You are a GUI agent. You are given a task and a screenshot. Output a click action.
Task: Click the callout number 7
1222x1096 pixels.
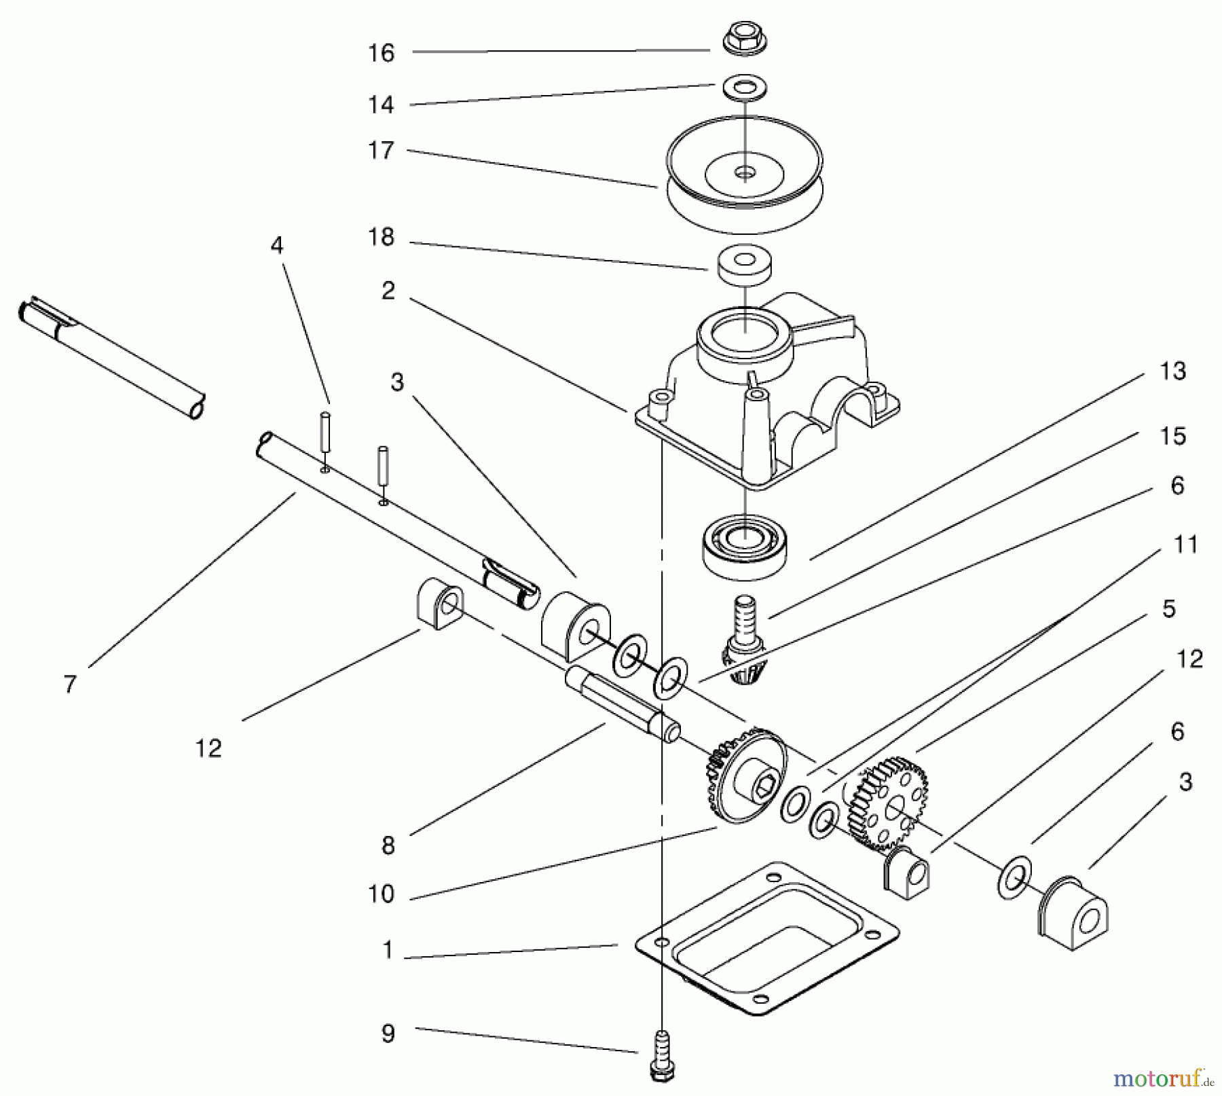(70, 684)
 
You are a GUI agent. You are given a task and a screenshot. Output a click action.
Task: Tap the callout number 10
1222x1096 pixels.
(381, 894)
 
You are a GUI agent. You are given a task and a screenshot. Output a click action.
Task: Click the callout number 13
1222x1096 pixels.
(1172, 371)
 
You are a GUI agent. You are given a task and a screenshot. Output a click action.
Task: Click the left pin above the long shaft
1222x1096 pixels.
(325, 431)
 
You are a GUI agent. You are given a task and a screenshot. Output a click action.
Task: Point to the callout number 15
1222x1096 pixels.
(1173, 436)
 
